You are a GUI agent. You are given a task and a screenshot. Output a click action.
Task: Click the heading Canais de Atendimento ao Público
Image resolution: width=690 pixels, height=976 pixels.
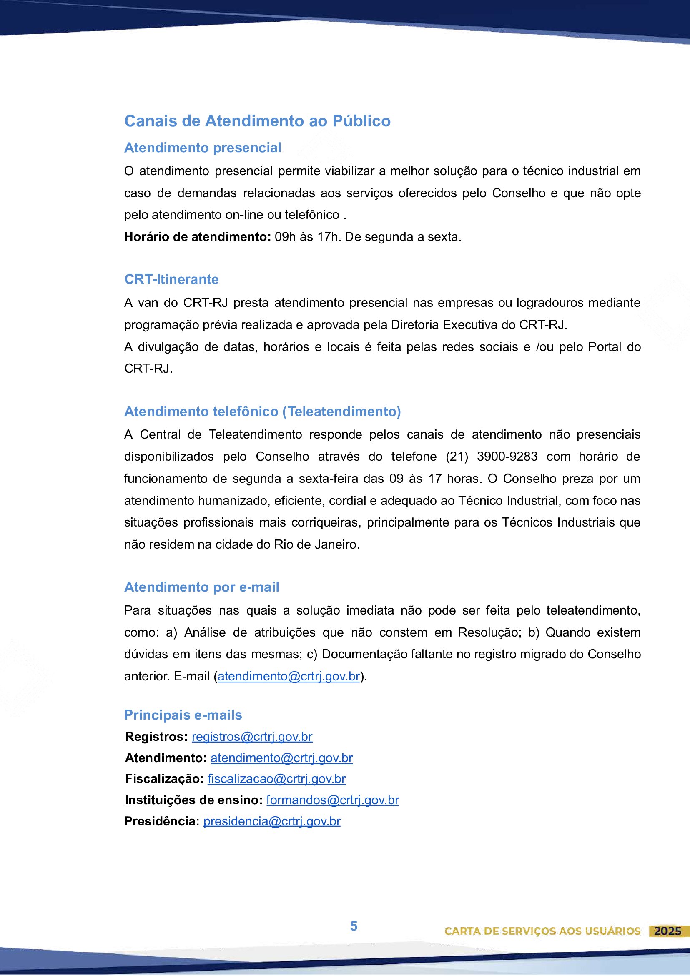coord(257,121)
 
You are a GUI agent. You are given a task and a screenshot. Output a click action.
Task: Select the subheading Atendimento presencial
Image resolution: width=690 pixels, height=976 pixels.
coord(202,148)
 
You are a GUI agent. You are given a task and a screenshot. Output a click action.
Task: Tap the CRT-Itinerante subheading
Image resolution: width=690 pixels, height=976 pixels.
coord(171,279)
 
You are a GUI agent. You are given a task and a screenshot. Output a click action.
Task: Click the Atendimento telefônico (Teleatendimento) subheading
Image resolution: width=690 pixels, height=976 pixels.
coord(262,411)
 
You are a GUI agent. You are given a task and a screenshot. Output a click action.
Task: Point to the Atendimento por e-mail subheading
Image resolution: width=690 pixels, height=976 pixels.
coord(201,587)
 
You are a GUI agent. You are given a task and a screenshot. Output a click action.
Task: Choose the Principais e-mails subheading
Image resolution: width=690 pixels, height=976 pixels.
coord(183,715)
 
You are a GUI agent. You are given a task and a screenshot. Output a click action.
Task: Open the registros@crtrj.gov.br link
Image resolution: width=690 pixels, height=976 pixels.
coord(252,737)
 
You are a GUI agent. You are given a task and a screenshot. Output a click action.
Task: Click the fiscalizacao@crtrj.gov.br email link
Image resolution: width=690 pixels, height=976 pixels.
coord(276,779)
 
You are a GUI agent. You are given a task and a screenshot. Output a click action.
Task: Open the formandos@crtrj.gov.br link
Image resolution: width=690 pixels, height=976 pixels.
coord(332,800)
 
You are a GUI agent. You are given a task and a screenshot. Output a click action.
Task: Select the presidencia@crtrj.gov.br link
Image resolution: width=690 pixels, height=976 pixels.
coord(272,821)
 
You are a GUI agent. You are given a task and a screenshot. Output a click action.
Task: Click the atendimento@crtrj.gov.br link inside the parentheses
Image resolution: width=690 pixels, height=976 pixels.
coord(289,676)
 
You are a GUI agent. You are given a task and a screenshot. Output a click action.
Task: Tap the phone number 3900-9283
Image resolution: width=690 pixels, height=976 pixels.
coord(507,457)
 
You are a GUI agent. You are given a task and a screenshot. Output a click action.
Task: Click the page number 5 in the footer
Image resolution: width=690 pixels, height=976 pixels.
coord(354,926)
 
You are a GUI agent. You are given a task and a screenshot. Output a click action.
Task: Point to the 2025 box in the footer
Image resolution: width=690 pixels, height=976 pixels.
coord(667,931)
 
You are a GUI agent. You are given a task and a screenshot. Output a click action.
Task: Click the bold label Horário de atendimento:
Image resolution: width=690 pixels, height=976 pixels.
coord(197,237)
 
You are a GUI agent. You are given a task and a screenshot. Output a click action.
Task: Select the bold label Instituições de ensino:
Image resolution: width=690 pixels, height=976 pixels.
coord(194,800)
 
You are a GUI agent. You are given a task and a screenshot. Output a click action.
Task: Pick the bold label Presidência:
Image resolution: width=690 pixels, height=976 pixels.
coord(161,821)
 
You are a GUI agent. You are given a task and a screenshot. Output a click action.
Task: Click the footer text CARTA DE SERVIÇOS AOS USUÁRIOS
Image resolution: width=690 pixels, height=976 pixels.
coord(542,931)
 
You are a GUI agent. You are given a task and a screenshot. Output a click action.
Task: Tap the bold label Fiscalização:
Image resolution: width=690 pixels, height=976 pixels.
coord(165,779)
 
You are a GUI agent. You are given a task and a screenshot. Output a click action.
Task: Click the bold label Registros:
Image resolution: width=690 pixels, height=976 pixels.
coord(156,737)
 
